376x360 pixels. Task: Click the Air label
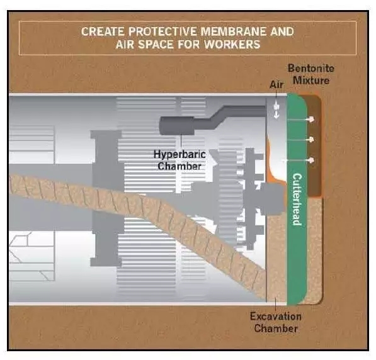coord(276,84)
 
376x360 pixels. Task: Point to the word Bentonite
coord(310,68)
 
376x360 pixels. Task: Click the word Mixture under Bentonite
coord(311,80)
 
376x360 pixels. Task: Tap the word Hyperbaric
coord(179,154)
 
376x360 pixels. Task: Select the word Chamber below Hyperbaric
coord(179,166)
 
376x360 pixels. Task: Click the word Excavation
coord(275,317)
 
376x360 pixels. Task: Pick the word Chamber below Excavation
coord(276,329)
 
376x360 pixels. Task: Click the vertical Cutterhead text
coord(297,200)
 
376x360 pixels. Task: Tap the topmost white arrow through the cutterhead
coord(300,119)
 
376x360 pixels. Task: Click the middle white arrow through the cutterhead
coord(300,139)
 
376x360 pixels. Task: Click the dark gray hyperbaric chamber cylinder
coord(177,125)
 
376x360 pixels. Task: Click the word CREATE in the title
coord(103,31)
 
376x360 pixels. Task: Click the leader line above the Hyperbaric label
coord(181,142)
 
